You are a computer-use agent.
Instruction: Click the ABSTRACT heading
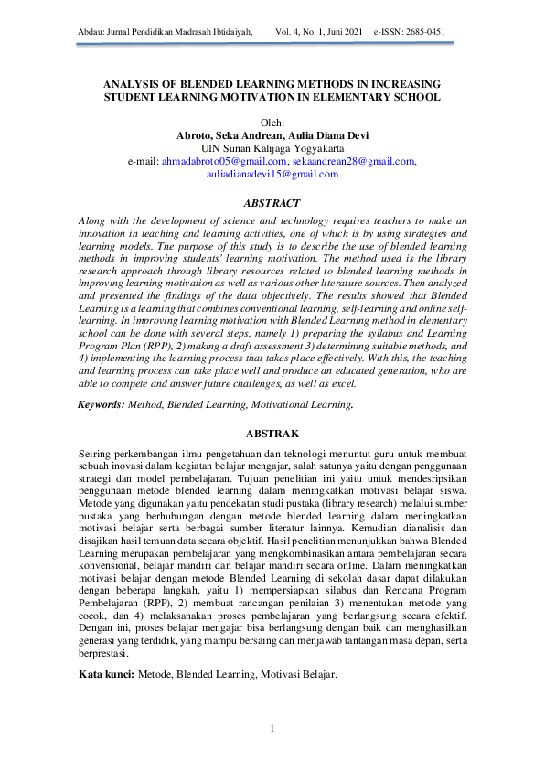pos(272,203)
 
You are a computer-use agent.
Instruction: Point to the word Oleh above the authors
pos(272,123)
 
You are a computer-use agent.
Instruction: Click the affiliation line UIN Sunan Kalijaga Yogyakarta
pos(272,148)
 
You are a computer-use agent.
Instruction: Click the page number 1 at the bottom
pos(272,728)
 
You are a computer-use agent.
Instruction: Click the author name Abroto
pos(197,135)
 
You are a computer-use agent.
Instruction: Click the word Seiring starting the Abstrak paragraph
pos(97,455)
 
